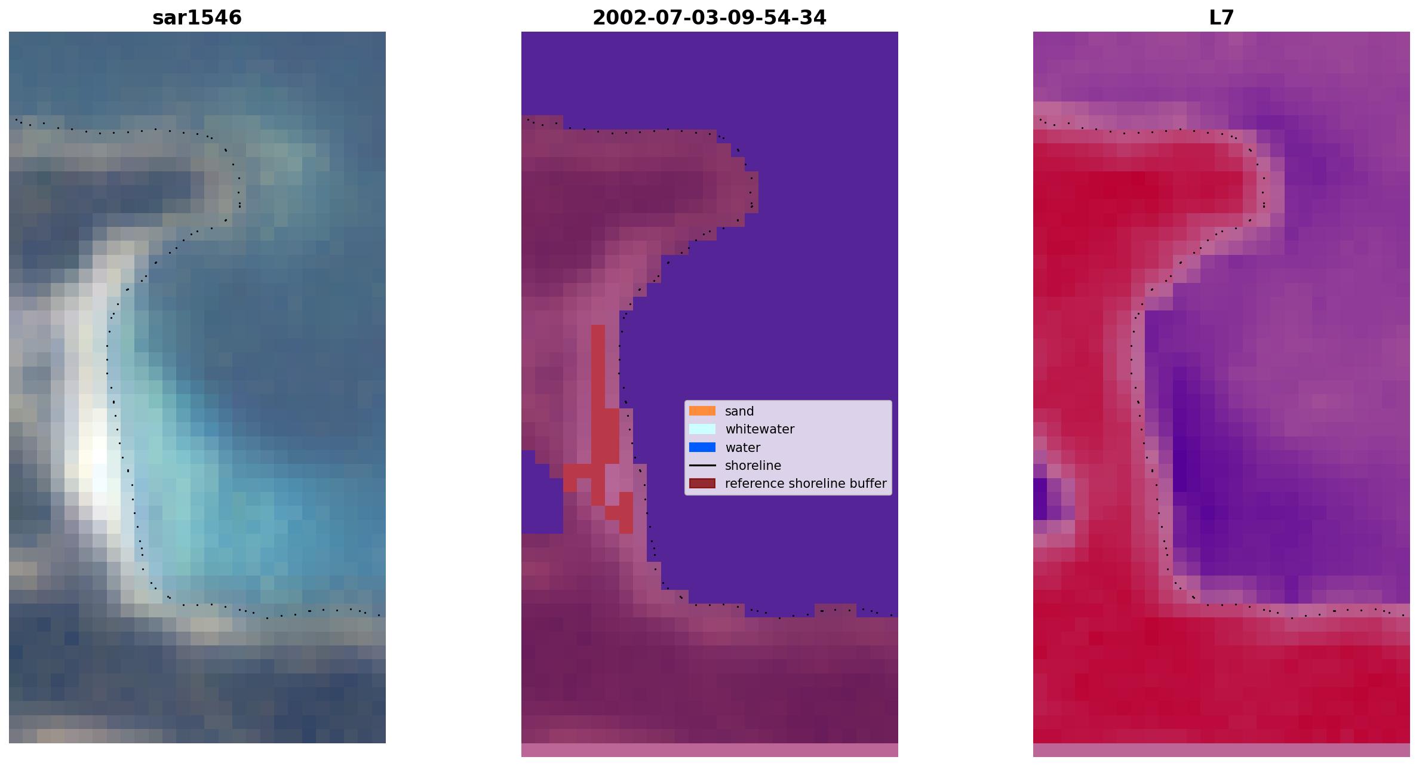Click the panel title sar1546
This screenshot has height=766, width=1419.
[x=197, y=17]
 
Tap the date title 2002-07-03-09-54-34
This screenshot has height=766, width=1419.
[x=709, y=17]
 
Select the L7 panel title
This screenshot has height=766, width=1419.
[x=1221, y=17]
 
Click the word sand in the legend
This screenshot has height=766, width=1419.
[x=739, y=411]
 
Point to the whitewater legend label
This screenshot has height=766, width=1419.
[x=760, y=429]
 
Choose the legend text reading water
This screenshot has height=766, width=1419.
[x=742, y=448]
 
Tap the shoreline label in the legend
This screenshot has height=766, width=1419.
[x=753, y=466]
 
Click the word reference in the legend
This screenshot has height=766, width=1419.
[x=752, y=484]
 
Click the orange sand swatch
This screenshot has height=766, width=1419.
[x=702, y=411]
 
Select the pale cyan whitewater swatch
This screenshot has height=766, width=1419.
[x=702, y=429]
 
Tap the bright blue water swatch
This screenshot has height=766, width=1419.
[x=702, y=447]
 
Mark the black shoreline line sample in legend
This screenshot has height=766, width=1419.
[x=702, y=465]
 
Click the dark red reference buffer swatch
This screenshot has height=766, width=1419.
[x=702, y=483]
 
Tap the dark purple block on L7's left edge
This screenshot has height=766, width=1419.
[x=1040, y=499]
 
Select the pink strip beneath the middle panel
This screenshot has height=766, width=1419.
[x=709, y=750]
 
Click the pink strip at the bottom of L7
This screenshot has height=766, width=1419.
[x=1221, y=750]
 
